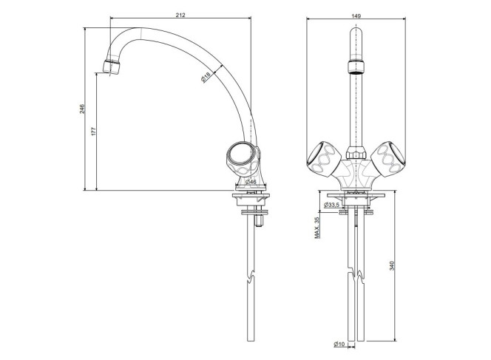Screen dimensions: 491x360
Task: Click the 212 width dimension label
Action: tap(180, 15)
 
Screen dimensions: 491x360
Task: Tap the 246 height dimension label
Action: tap(82, 109)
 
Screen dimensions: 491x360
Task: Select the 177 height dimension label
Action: tap(93, 131)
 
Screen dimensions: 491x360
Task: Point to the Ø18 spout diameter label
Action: tap(206, 77)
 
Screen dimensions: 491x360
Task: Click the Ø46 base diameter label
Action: tap(251, 182)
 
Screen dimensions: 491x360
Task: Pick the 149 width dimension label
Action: tap(356, 16)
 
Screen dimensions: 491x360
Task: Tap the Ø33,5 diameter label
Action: tap(331, 205)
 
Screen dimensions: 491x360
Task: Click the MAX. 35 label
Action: tap(317, 228)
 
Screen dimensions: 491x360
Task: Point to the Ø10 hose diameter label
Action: tap(339, 344)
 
